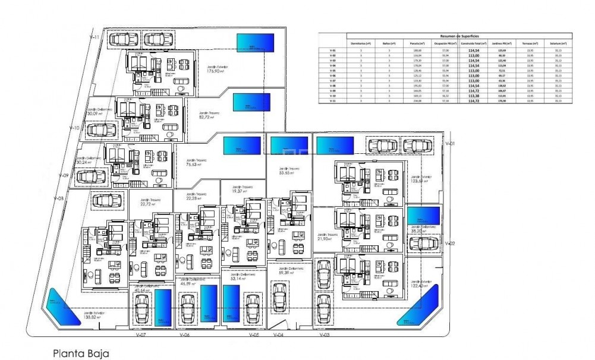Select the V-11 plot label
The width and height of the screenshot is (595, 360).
95,37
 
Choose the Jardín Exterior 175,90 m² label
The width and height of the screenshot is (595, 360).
218,70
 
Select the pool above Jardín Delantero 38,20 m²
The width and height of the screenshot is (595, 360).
424,214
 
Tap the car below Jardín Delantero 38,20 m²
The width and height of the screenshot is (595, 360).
424,243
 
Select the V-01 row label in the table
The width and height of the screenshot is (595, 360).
332,50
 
